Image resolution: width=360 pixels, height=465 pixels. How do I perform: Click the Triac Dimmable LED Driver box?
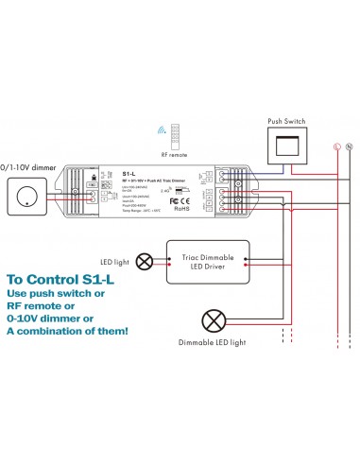206,261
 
